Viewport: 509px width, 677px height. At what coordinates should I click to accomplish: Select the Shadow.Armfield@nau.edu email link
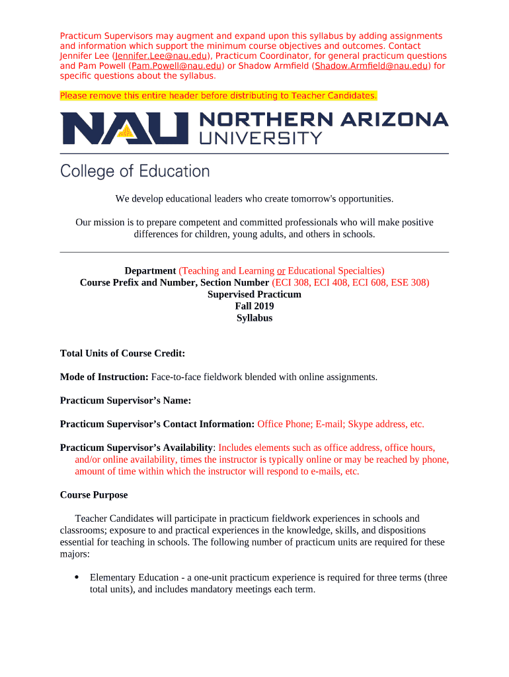[x=371, y=66]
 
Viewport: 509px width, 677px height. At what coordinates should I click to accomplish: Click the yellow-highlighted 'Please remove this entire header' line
[x=218, y=96]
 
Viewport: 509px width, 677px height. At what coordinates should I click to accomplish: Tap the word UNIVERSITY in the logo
[x=260, y=138]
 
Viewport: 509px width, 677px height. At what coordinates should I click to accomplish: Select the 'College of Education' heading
[x=135, y=171]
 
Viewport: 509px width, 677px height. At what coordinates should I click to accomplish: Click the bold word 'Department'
[x=150, y=271]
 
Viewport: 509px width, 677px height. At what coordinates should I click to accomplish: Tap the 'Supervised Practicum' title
[x=255, y=295]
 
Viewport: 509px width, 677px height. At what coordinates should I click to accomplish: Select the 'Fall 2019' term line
[x=255, y=307]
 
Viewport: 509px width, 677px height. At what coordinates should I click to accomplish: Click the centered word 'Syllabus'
[x=255, y=319]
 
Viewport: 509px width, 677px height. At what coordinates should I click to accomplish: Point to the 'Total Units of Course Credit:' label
[x=122, y=354]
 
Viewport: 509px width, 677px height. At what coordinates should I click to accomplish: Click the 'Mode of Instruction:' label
[x=104, y=378]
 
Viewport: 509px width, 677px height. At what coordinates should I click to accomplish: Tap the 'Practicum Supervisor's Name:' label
[x=126, y=401]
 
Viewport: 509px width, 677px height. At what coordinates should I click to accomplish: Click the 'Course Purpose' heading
[x=94, y=495]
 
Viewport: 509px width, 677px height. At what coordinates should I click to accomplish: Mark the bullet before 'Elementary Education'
[x=77, y=577]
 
